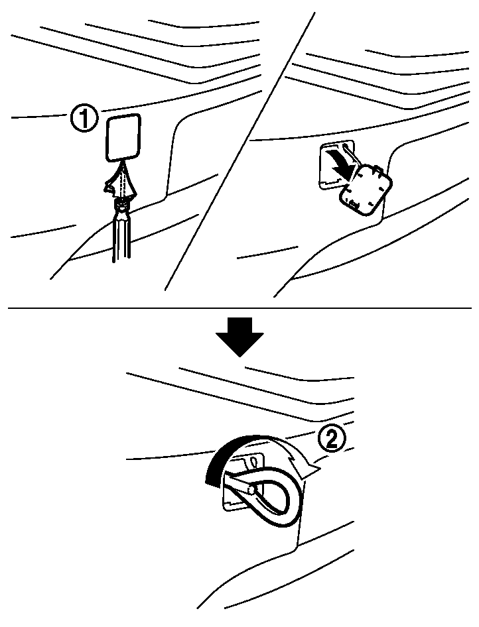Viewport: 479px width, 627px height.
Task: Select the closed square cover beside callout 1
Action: point(123,138)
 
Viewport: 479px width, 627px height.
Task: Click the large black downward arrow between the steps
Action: point(239,336)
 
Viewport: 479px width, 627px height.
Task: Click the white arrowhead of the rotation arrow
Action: point(309,471)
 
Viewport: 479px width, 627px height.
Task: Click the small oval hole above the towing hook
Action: point(253,462)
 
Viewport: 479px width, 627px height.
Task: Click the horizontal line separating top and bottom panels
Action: point(239,308)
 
